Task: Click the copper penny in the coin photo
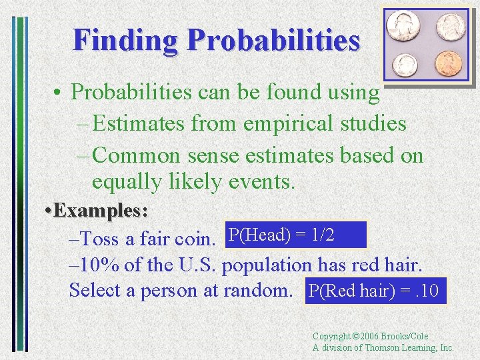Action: (447, 64)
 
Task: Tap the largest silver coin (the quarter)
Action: (406, 26)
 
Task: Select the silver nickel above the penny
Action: (451, 27)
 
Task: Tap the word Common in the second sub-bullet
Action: (136, 155)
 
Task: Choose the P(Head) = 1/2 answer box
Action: (296, 235)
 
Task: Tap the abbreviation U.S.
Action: (199, 264)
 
